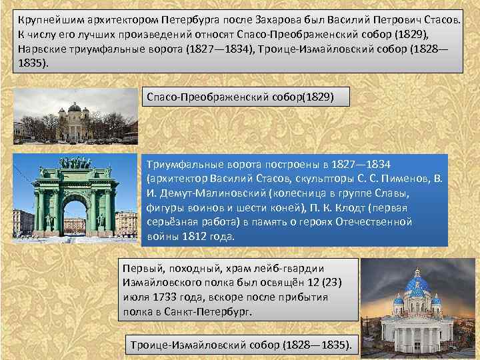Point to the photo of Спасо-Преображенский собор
coord(75,117)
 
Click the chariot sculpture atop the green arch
coord(75,162)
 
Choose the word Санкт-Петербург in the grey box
coord(210,311)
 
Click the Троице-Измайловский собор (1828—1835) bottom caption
coord(241,345)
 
